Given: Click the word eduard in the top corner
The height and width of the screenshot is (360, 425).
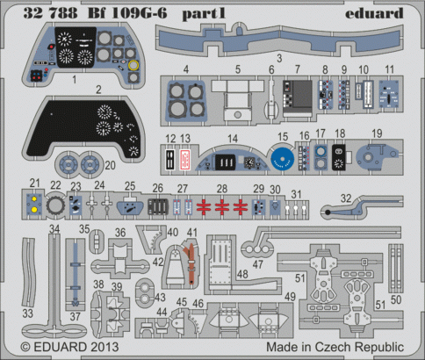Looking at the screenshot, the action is pyautogui.click(x=374, y=13).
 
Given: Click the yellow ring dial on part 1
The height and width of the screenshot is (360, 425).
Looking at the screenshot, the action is pyautogui.click(x=133, y=65).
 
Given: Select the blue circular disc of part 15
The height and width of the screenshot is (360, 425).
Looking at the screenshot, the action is pyautogui.click(x=283, y=159).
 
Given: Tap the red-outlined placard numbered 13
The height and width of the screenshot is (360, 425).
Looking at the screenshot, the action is pyautogui.click(x=184, y=160).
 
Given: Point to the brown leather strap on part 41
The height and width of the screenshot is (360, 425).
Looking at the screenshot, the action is pyautogui.click(x=191, y=262).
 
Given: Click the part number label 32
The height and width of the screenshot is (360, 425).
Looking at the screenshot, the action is pyautogui.click(x=346, y=198).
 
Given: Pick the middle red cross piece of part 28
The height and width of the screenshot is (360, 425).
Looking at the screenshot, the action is pyautogui.click(x=222, y=206).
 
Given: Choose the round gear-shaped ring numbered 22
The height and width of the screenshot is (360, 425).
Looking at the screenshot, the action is pyautogui.click(x=54, y=205).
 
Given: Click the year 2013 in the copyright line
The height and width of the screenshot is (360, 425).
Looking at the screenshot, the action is pyautogui.click(x=104, y=347).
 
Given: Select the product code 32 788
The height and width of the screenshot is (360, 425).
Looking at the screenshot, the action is pyautogui.click(x=50, y=13).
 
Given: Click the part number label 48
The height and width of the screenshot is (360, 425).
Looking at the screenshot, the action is pyautogui.click(x=242, y=274).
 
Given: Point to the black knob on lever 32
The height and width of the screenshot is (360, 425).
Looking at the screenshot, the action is pyautogui.click(x=328, y=212).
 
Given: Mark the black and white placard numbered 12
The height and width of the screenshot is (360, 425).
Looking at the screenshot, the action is pyautogui.click(x=170, y=160).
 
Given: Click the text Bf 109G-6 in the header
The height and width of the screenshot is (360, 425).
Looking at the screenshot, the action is pyautogui.click(x=127, y=13).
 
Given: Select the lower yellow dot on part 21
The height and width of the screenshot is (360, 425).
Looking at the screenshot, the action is pyautogui.click(x=34, y=209).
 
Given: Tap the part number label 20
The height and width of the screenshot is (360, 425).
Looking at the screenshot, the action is pyautogui.click(x=110, y=165).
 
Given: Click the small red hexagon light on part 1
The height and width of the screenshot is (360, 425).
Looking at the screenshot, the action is pyautogui.click(x=52, y=47).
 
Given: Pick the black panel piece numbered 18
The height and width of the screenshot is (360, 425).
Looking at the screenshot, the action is pyautogui.click(x=339, y=157).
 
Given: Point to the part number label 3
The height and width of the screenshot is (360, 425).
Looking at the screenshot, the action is pyautogui.click(x=279, y=58).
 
